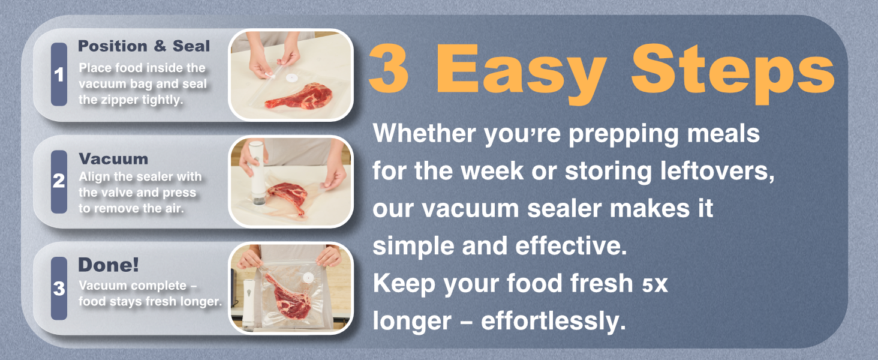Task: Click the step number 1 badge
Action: click(59, 75)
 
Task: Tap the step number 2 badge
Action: click(59, 181)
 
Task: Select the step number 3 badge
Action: click(59, 289)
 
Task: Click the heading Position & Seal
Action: click(144, 46)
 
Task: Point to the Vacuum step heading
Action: click(113, 159)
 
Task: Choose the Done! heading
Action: click(109, 265)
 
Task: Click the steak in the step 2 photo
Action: click(288, 196)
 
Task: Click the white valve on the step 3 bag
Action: click(306, 278)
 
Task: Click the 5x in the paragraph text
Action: click(654, 284)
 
